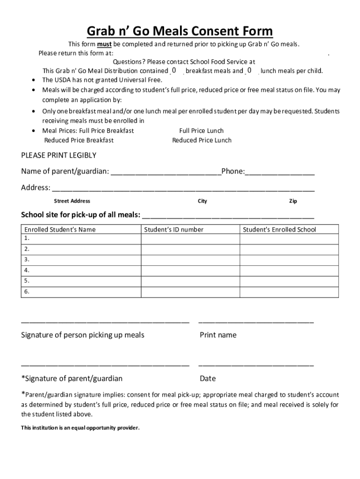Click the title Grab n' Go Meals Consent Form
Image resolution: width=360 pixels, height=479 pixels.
[x=180, y=31]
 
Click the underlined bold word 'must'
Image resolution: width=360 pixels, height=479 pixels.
[x=104, y=44]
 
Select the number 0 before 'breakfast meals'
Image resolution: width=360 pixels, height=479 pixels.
[x=173, y=70]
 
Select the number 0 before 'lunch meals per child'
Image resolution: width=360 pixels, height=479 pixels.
[x=249, y=70]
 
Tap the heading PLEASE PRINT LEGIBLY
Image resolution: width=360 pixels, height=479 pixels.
[x=58, y=155]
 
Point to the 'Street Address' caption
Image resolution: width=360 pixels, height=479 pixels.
[x=72, y=201]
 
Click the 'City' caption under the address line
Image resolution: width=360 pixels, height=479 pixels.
[x=202, y=201]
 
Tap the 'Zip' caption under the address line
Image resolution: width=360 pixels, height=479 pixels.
[x=293, y=201]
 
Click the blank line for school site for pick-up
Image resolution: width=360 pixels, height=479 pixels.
[x=228, y=216]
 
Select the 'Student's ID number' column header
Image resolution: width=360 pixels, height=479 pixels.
[x=173, y=229]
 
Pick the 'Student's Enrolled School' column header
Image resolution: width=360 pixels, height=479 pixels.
[x=279, y=229]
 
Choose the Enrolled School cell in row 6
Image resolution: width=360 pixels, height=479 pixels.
[x=289, y=292]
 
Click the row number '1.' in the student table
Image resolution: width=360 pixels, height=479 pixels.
[x=27, y=238]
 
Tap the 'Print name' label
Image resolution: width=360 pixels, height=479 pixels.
[x=218, y=335]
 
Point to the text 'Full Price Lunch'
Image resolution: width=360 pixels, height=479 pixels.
[x=202, y=131]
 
